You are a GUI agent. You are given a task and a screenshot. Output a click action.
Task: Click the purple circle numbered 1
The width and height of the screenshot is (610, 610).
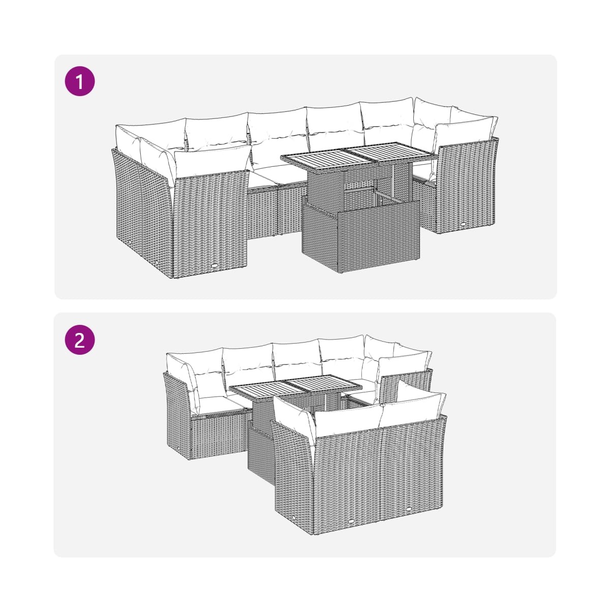tap(79, 81)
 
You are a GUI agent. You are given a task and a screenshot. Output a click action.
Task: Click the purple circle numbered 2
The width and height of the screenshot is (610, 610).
tap(79, 340)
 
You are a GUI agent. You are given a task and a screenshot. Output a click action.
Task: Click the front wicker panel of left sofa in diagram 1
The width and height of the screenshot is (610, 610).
tap(210, 223)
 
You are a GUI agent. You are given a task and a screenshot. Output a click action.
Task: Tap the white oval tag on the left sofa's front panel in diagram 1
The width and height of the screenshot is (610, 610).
tap(215, 266)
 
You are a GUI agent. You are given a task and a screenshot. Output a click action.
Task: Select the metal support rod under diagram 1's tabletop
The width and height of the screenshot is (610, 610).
tap(393, 181)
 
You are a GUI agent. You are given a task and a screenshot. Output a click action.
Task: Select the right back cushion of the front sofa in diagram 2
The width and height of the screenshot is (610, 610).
tap(412, 409)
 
